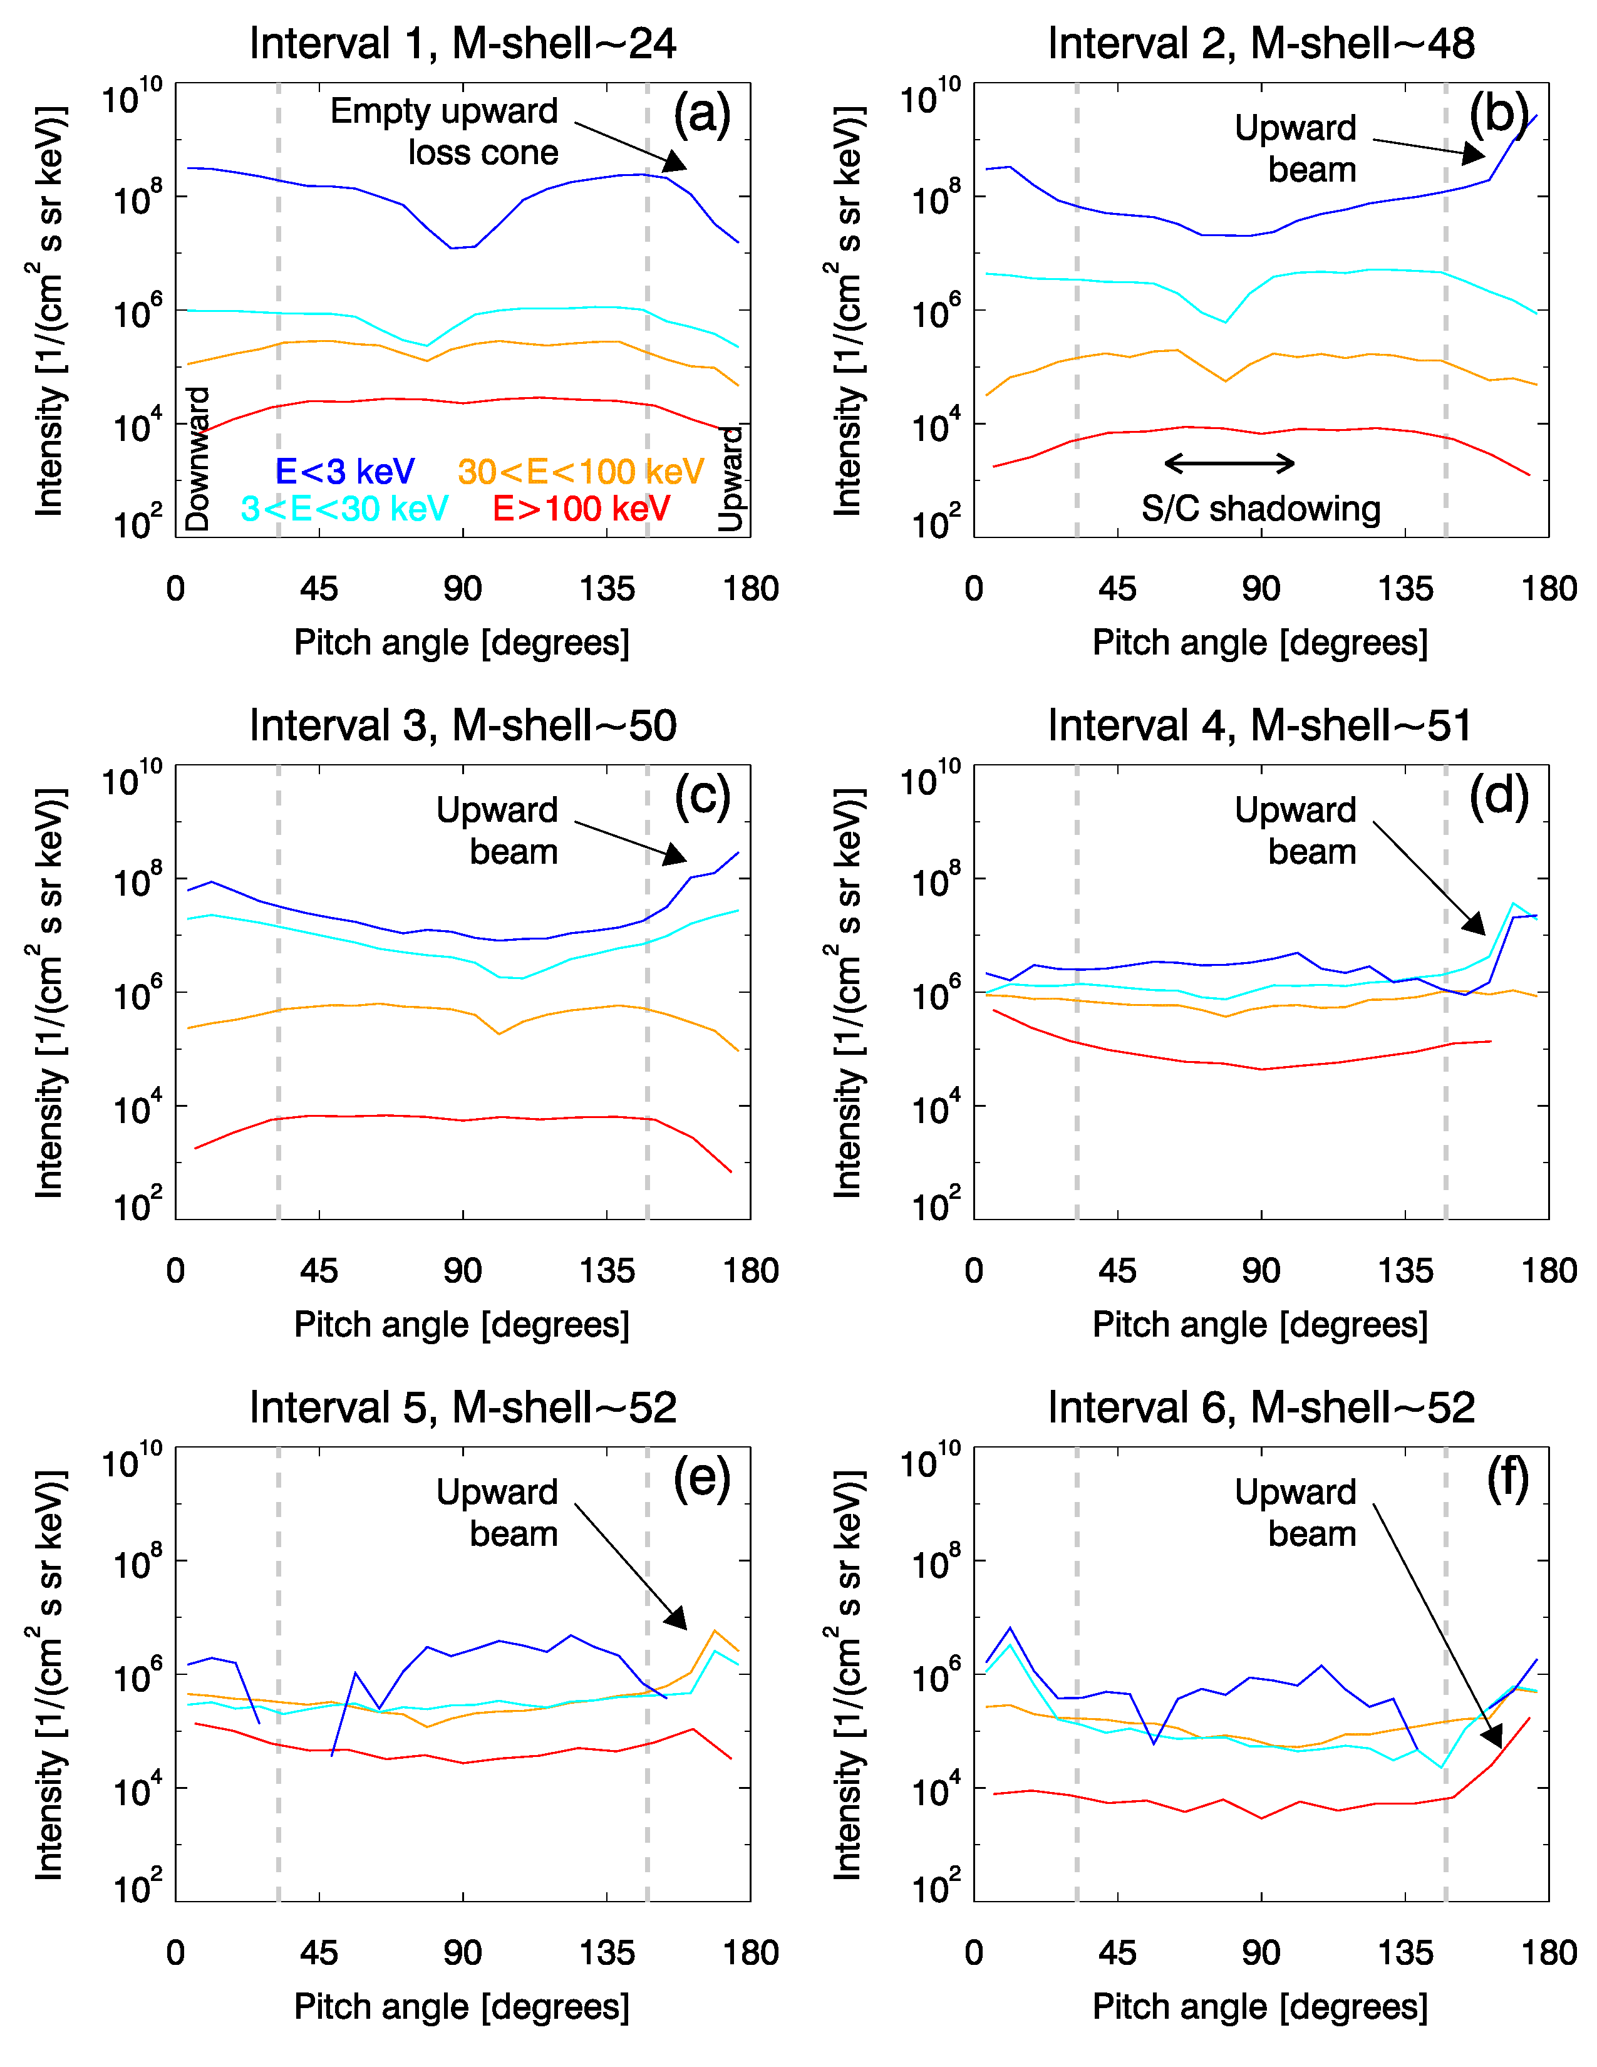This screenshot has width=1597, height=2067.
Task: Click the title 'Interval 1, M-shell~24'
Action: click(463, 44)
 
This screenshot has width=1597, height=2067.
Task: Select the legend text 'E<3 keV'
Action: click(344, 471)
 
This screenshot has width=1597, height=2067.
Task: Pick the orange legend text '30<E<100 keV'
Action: click(581, 471)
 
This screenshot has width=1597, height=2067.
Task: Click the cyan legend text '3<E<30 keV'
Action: click(344, 509)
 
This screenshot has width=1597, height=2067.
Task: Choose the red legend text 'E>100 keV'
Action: click(581, 509)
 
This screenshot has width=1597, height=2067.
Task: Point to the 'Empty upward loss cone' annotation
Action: click(445, 132)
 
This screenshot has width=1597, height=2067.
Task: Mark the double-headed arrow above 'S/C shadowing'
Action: click(1229, 463)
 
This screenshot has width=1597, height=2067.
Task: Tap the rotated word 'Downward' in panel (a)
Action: click(197, 459)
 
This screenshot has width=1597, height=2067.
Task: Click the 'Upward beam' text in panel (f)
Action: click(1295, 1513)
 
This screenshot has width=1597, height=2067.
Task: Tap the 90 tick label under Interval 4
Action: click(1261, 1270)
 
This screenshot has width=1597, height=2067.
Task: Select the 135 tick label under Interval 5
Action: click(606, 1952)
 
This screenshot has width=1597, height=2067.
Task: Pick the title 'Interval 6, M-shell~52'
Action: click(1261, 1407)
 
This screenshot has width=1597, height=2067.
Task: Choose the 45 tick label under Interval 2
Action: click(1117, 589)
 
